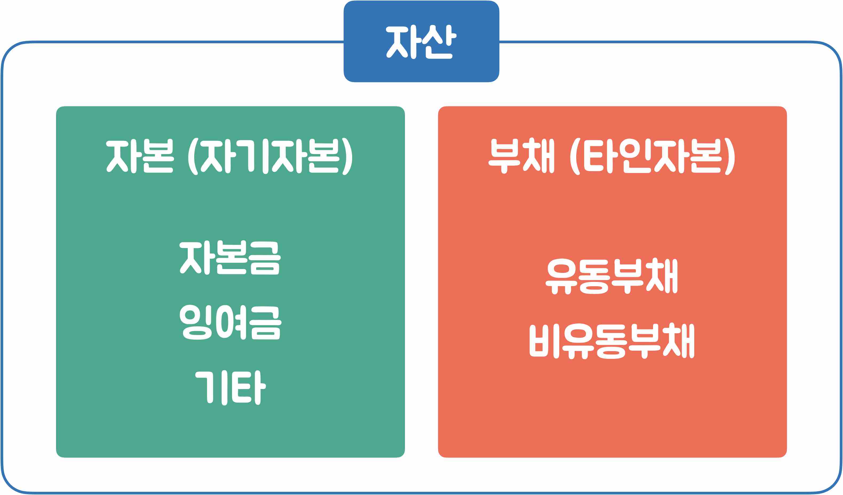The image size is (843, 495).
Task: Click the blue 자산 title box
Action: (421, 41)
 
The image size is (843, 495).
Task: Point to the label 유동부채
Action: (612, 276)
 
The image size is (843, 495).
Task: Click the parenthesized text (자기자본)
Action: (270, 156)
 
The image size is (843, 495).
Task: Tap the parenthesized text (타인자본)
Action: (652, 156)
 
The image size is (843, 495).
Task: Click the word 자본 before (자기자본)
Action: (140, 156)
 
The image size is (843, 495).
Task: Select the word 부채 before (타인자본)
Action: (522, 156)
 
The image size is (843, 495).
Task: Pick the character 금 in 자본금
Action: (265, 258)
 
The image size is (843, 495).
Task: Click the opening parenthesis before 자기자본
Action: (193, 156)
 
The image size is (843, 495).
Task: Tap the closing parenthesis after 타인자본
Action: (730, 156)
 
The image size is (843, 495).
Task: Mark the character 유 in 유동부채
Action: (561, 276)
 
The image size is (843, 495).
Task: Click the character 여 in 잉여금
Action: (231, 322)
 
